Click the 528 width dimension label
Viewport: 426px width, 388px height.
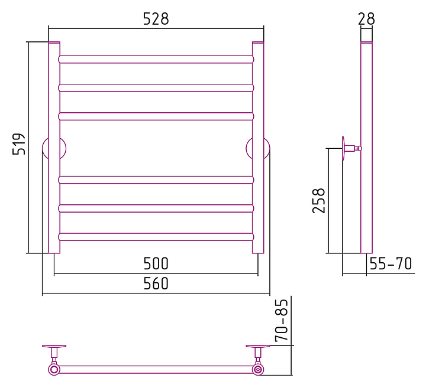click(156, 19)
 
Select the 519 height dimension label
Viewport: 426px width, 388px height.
click(19, 144)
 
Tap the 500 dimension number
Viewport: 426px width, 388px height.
click(156, 263)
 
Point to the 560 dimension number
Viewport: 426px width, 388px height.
click(156, 283)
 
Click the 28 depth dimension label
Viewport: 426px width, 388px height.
click(366, 19)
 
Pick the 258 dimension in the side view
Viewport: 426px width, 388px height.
click(319, 200)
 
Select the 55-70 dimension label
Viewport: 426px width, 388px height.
click(390, 263)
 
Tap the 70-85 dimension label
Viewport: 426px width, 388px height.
click(282, 320)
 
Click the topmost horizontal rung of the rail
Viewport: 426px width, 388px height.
click(156, 60)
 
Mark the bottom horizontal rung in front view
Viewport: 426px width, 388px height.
click(156, 237)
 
